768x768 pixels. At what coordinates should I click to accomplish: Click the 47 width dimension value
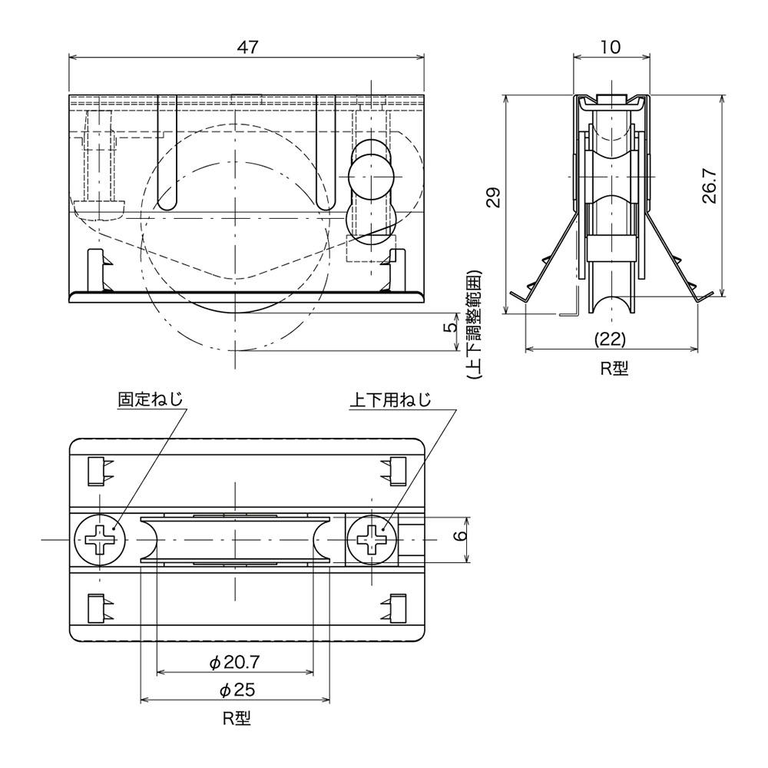(247, 47)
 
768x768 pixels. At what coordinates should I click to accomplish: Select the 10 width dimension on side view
(611, 47)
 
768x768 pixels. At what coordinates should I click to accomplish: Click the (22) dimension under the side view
(611, 337)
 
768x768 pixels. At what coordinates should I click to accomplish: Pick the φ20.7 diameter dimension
(234, 661)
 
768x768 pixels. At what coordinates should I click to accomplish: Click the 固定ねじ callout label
(151, 400)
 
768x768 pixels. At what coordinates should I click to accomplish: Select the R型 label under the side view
(614, 368)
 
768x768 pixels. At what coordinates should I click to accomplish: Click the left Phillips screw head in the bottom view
(101, 539)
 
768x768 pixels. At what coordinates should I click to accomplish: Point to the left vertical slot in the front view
(167, 154)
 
